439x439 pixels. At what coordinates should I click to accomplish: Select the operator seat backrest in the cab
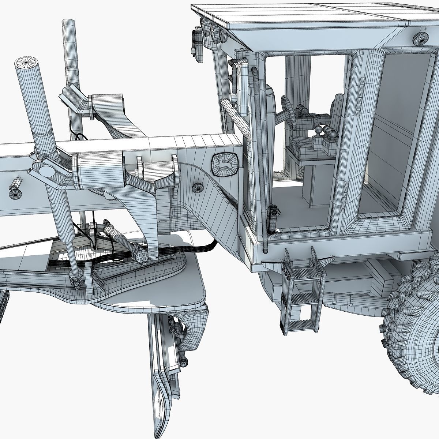tap(336, 106)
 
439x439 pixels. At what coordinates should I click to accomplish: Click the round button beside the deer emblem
tap(198, 188)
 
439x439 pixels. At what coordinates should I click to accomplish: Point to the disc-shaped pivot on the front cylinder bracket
tap(46, 170)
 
